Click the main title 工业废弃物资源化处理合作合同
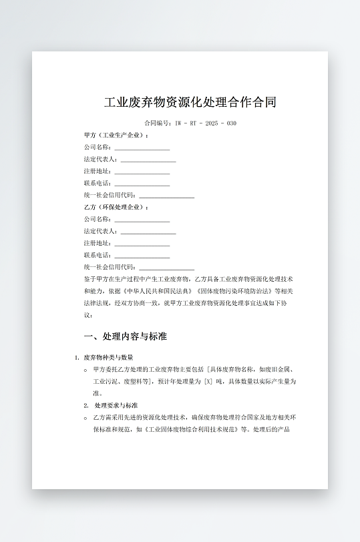pos(190,103)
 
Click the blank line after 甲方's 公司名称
pos(142,148)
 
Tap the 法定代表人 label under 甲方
pos(100,160)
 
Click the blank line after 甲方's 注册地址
pos(142,172)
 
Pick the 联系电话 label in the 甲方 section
pos(97,184)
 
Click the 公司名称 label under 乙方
pos(97,220)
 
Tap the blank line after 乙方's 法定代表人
pos(148,232)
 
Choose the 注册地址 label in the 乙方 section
pos(97,244)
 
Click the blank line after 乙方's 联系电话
pos(142,256)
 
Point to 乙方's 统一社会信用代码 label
pos(110,268)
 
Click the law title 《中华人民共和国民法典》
pos(158,291)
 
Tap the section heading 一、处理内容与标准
pos(125,336)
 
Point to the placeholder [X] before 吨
pos(208,382)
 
